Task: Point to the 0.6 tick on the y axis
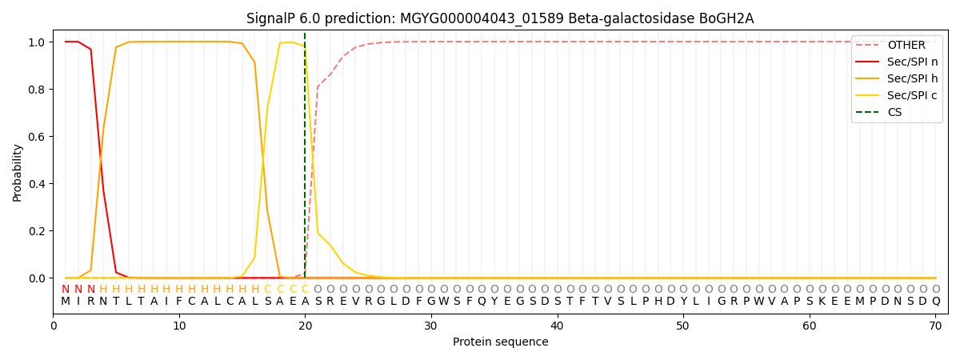coord(37,137)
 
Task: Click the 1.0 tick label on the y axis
coord(37,42)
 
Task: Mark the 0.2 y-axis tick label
coord(37,231)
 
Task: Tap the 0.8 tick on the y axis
coord(37,90)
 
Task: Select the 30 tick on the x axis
coord(431,326)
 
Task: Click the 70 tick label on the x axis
coord(935,326)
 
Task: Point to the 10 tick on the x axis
coord(179,326)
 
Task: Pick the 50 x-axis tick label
coord(683,326)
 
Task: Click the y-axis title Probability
coord(18,172)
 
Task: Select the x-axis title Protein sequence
coord(500,342)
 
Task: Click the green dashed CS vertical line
coord(305,160)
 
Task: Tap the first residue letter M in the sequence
coord(66,302)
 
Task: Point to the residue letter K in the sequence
coord(822,302)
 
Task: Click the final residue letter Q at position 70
coord(935,302)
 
